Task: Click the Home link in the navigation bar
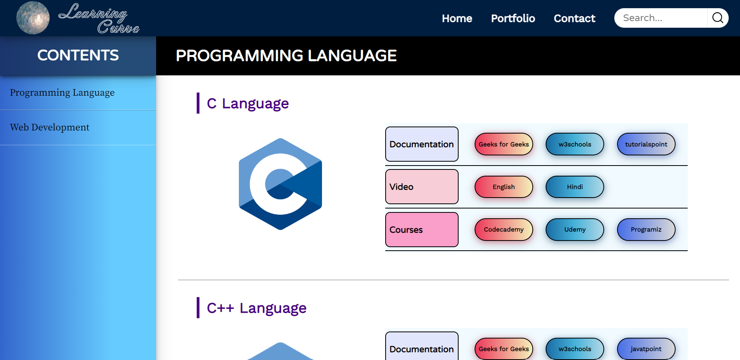pyautogui.click(x=457, y=18)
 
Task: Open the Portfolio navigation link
pyautogui.click(x=513, y=18)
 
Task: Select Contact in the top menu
pyautogui.click(x=575, y=18)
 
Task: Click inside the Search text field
pyautogui.click(x=661, y=18)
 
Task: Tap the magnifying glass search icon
pyautogui.click(x=718, y=18)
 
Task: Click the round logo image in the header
pyautogui.click(x=33, y=18)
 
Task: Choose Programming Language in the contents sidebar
pyautogui.click(x=62, y=93)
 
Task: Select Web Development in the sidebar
pyautogui.click(x=50, y=127)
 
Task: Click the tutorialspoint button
pyautogui.click(x=646, y=144)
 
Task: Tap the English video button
pyautogui.click(x=503, y=187)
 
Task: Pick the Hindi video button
pyautogui.click(x=575, y=187)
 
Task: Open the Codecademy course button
pyautogui.click(x=503, y=230)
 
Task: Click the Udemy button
pyautogui.click(x=575, y=230)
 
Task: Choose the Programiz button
pyautogui.click(x=646, y=230)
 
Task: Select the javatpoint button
pyautogui.click(x=646, y=349)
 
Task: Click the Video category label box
pyautogui.click(x=422, y=187)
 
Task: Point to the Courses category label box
pyautogui.click(x=422, y=230)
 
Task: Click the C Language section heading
pyautogui.click(x=248, y=103)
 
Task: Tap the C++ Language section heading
pyautogui.click(x=256, y=308)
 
